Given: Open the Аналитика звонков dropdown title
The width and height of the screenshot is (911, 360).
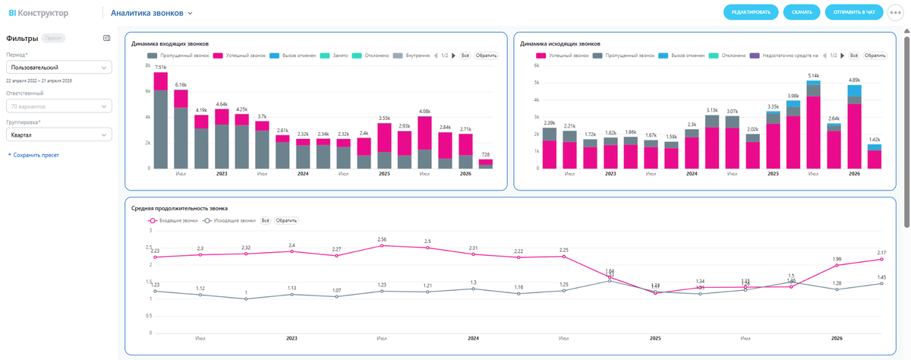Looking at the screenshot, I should (x=152, y=13).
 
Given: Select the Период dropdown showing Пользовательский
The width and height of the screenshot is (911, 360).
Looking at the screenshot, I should (x=58, y=67).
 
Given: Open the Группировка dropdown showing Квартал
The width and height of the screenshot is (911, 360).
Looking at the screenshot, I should (x=58, y=134).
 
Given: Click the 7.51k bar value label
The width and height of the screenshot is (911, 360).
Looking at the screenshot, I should (x=161, y=68).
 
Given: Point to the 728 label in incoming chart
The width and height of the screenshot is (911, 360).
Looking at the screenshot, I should (x=485, y=154).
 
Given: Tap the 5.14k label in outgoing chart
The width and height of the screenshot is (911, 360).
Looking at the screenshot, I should (x=814, y=75).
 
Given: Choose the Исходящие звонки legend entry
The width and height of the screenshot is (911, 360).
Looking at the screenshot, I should (x=232, y=220).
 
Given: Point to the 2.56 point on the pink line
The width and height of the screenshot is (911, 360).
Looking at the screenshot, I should (x=382, y=245).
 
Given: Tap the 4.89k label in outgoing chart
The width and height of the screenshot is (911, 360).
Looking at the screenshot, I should (x=855, y=80).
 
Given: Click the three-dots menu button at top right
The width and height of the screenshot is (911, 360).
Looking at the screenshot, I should (x=898, y=13).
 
